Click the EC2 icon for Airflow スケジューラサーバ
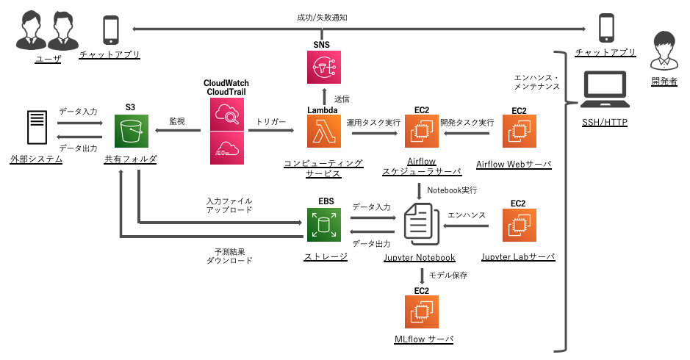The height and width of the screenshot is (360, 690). [x=421, y=133]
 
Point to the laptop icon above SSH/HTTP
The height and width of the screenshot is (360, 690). [x=605, y=90]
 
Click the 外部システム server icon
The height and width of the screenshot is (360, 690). [x=35, y=130]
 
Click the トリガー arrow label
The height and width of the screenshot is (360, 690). [x=271, y=121]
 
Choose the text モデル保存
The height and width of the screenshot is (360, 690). [x=448, y=276]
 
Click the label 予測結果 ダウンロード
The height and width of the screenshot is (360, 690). [x=229, y=255]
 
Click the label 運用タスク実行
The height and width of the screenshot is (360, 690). [x=373, y=122]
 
